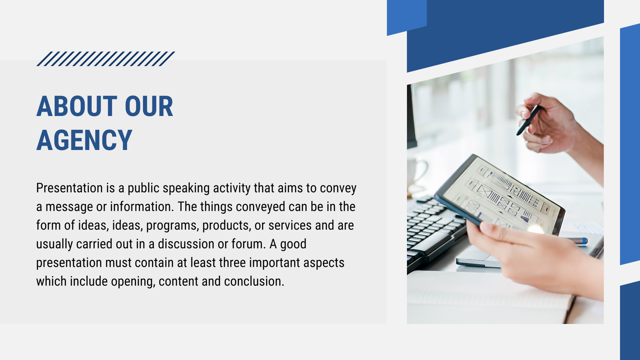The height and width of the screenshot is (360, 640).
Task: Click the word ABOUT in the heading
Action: pos(77,106)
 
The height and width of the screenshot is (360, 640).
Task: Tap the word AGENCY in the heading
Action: pos(84,140)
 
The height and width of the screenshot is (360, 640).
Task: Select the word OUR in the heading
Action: pos(149,106)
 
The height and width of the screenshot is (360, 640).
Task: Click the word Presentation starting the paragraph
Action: pos(70,188)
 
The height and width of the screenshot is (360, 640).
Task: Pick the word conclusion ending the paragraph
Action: pos(254,282)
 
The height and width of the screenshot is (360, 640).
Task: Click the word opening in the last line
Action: pos(133,282)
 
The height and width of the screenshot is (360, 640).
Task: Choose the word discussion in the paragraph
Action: pos(186,244)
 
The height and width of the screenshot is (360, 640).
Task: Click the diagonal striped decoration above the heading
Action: pos(106,59)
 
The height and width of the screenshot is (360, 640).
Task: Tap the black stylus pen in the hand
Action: pos(528,120)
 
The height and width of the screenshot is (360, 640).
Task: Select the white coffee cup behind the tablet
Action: pos(416,172)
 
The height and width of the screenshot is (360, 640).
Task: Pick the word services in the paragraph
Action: pos(290,225)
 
